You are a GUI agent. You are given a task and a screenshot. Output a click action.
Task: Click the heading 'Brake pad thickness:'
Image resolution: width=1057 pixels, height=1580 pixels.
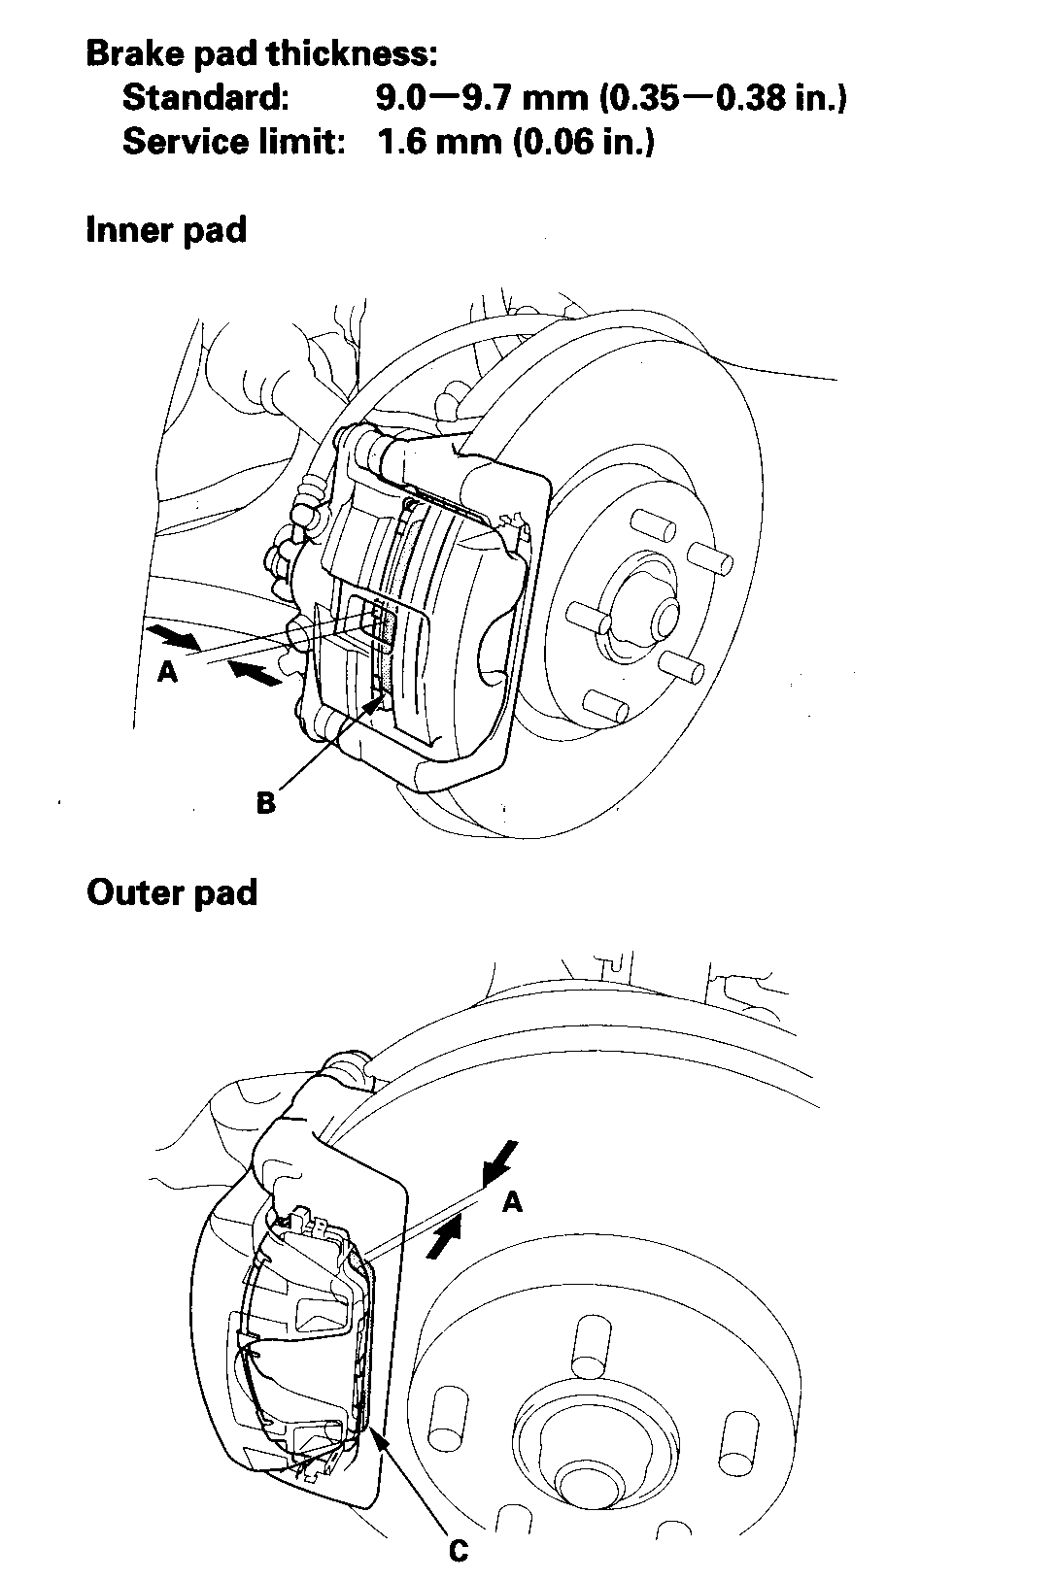[261, 53]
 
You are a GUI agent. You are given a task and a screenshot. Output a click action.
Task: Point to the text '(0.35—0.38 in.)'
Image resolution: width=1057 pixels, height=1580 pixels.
[723, 98]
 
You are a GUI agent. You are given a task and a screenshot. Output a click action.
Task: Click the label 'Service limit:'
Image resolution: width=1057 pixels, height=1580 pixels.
[234, 142]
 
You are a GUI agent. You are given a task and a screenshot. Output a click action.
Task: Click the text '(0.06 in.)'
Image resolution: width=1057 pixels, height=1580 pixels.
[583, 142]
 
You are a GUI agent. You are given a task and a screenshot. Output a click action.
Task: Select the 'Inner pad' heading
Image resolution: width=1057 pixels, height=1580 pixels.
[166, 231]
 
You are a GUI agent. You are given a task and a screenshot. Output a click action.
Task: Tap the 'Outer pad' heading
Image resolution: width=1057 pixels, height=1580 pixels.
[172, 892]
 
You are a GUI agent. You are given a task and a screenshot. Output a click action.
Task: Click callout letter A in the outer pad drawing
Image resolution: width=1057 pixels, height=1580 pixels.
[513, 1202]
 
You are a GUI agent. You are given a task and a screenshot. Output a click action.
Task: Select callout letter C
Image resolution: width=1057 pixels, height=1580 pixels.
[459, 1552]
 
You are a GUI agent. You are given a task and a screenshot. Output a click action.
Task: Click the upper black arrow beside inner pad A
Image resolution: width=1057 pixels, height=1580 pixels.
[173, 636]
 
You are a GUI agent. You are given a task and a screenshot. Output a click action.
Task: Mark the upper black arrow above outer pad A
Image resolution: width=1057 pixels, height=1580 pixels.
[500, 1160]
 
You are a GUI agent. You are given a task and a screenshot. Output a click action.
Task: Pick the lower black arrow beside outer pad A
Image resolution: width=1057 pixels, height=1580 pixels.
[443, 1238]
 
